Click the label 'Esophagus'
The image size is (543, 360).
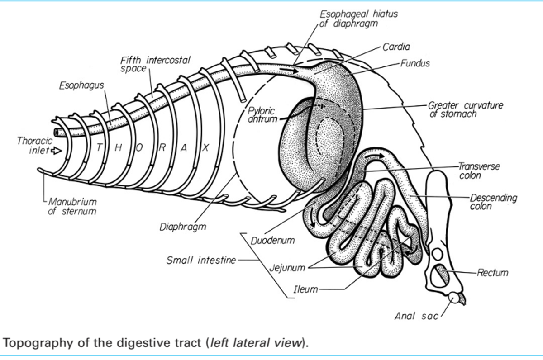pyautogui.click(x=81, y=85)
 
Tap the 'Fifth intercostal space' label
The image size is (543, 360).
pyautogui.click(x=155, y=64)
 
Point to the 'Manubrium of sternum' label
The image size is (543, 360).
pyautogui.click(x=72, y=206)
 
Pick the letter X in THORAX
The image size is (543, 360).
pyautogui.click(x=205, y=148)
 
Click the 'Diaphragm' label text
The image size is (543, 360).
pyautogui.click(x=183, y=227)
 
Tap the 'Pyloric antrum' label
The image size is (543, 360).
pyautogui.click(x=261, y=115)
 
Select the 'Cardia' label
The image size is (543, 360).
pyautogui.click(x=396, y=47)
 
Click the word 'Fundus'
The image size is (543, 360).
pyautogui.click(x=414, y=63)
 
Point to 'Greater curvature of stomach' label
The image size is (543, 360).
pyautogui.click(x=465, y=109)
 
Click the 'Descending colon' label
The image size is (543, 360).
pyautogui.click(x=492, y=202)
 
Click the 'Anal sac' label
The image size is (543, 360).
pyautogui.click(x=416, y=316)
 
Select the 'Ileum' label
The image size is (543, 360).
pyautogui.click(x=305, y=289)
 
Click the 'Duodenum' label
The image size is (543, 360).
pyautogui.click(x=273, y=240)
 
